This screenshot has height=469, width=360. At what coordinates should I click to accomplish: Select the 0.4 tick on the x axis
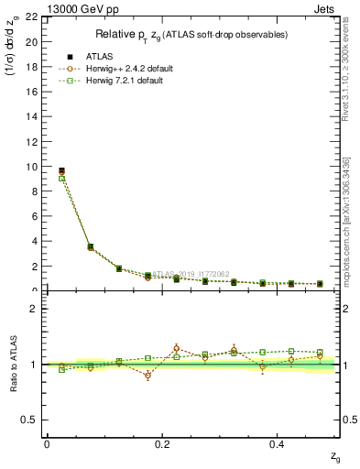click(278, 443)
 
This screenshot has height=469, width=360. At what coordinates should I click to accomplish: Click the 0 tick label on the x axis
click(47, 443)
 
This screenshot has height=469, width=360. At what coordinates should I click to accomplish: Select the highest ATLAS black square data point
click(61, 170)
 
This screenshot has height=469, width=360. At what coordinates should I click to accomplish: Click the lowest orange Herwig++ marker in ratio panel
click(147, 376)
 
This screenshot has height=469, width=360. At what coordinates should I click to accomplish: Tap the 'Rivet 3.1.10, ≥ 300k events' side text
click(351, 87)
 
